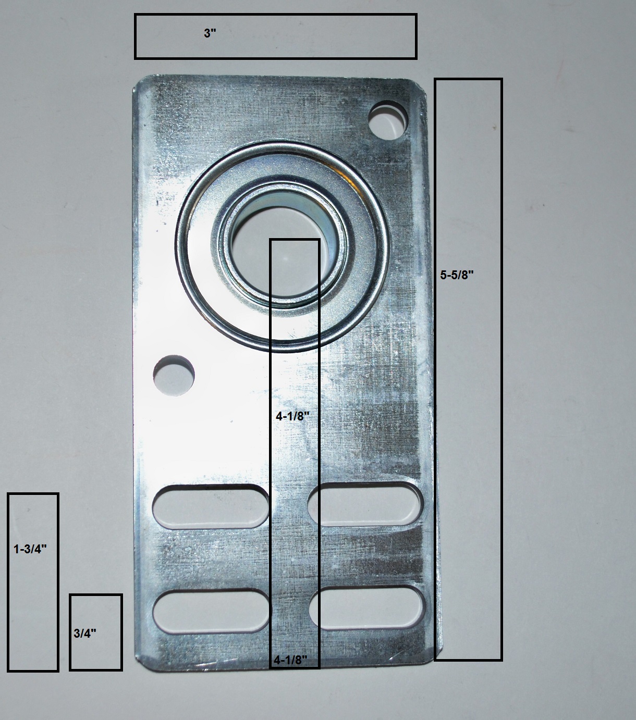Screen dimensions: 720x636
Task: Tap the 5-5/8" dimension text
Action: point(456,276)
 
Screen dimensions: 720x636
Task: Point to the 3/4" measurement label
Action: point(85,634)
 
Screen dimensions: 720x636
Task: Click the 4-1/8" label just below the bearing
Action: point(293,416)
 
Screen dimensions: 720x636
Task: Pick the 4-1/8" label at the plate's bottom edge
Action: point(290,660)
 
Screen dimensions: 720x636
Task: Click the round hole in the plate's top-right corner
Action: point(389,119)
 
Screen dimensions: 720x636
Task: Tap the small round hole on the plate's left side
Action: point(174,376)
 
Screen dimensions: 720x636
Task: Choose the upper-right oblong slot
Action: point(365,504)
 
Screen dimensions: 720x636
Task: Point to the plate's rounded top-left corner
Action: point(142,83)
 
